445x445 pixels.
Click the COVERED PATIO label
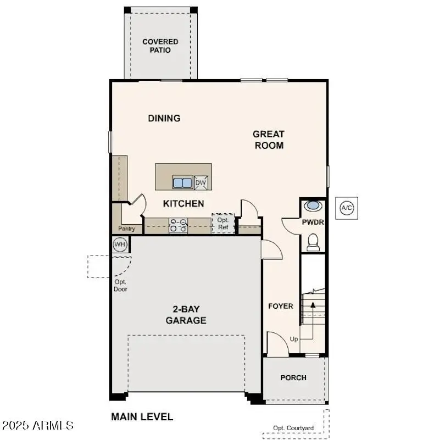click(160, 46)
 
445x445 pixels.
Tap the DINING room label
click(164, 118)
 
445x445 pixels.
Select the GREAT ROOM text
click(269, 140)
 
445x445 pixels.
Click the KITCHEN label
click(183, 204)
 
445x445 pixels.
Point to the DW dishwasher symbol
click(201, 183)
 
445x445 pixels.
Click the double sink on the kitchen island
click(182, 182)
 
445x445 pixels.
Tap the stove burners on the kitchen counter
click(179, 225)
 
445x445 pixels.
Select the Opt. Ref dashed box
click(223, 224)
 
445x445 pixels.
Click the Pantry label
click(127, 229)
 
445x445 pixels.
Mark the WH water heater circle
click(120, 244)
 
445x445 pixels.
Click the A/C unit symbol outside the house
click(347, 208)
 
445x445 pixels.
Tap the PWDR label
click(313, 222)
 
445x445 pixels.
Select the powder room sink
click(313, 207)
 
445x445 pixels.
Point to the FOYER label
click(280, 306)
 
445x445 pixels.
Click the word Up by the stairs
click(294, 339)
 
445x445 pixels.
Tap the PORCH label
click(293, 377)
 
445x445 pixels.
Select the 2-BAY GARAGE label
click(186, 315)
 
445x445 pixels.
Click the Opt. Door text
click(120, 285)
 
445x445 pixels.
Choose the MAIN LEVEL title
click(142, 417)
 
